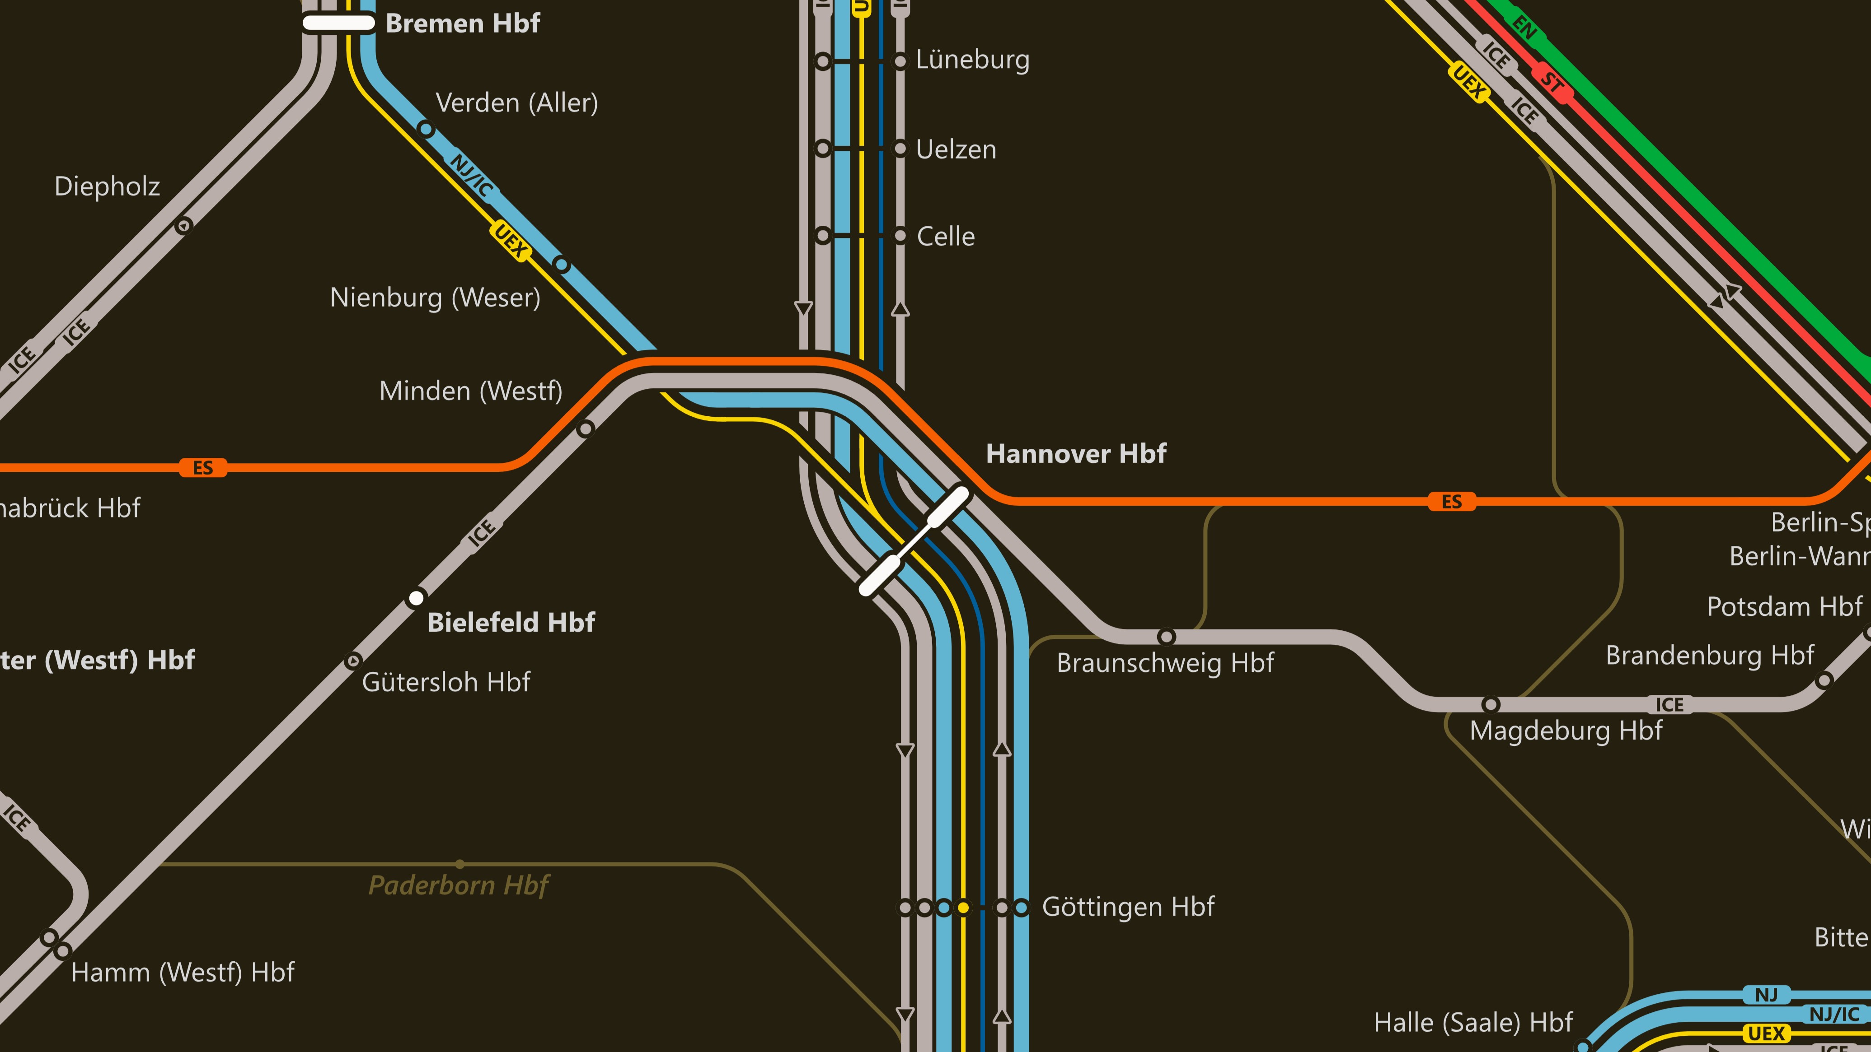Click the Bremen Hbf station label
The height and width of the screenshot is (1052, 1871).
tap(463, 23)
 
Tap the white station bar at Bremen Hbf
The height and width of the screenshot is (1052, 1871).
tap(338, 23)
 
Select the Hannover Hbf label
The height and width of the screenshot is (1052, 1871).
tap(1076, 454)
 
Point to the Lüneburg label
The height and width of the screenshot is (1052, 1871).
tap(972, 60)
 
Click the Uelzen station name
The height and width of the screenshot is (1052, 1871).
tap(956, 149)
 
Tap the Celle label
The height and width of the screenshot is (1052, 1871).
tap(946, 237)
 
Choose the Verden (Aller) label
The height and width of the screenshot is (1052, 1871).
tap(516, 103)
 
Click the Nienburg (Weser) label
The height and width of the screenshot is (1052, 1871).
tap(435, 298)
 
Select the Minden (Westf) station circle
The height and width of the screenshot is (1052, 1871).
tap(586, 429)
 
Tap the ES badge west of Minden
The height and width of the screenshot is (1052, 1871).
tap(203, 468)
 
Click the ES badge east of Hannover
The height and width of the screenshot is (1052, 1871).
tap(1452, 502)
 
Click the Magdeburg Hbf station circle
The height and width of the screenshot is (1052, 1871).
tap(1491, 704)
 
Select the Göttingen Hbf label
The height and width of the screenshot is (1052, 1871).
tap(1128, 907)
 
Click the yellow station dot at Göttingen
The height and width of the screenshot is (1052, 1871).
tap(963, 908)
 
